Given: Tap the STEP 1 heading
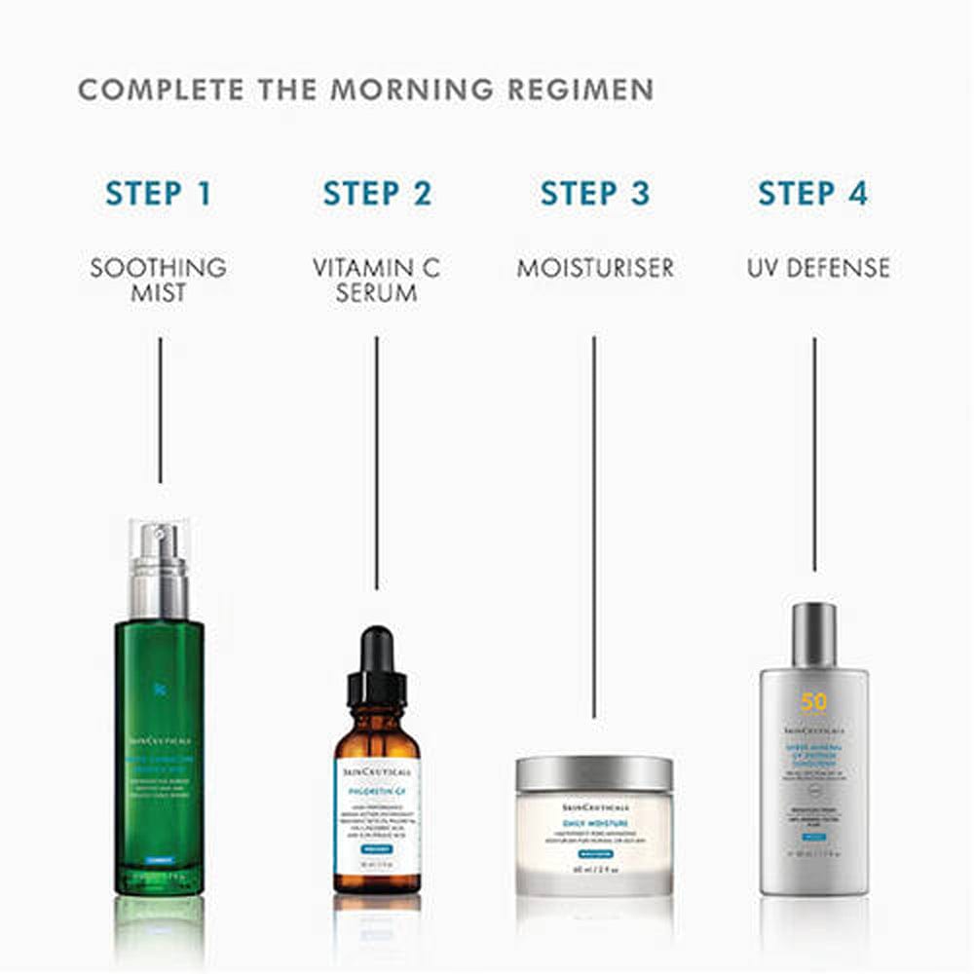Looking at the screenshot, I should (x=159, y=193).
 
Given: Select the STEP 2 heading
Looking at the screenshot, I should (x=377, y=193).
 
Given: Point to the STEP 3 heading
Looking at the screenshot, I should (x=594, y=193).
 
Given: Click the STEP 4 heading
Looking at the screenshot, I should (x=812, y=193).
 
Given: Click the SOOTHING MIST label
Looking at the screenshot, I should (x=159, y=279).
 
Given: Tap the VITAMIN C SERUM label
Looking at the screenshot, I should (x=376, y=279).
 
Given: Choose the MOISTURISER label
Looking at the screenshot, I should (x=594, y=267).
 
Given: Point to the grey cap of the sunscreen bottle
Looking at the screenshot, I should (x=813, y=633).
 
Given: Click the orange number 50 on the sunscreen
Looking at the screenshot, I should (x=813, y=702).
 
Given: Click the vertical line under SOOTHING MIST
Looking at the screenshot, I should (x=160, y=409).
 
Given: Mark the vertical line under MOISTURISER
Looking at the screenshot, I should (x=594, y=526).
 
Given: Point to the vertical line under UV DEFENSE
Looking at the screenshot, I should (x=813, y=453).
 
